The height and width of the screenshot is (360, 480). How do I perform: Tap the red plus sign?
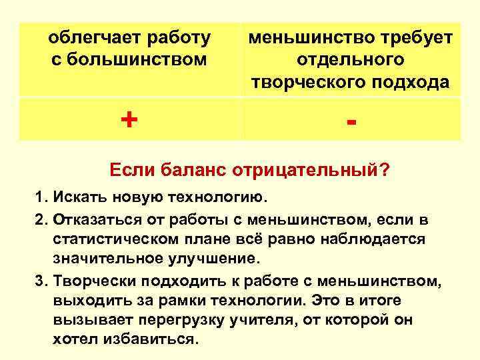[129, 120]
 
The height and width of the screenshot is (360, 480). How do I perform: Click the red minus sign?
[351, 122]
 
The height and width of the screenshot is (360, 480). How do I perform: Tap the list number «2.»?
[43, 219]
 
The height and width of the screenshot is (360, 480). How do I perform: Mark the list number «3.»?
[43, 280]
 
